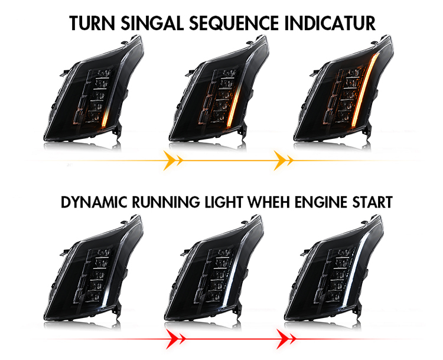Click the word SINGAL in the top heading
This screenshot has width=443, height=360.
click(x=153, y=23)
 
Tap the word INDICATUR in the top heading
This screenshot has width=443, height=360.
click(x=330, y=23)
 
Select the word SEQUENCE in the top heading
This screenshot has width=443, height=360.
click(x=234, y=23)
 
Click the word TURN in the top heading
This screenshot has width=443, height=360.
click(x=92, y=23)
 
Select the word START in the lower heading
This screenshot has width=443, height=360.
click(x=372, y=202)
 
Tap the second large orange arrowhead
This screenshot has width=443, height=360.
click(x=280, y=161)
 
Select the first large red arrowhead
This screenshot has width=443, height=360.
click(x=172, y=339)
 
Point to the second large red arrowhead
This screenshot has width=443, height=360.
click(x=284, y=339)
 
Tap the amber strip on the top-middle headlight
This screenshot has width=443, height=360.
click(x=234, y=106)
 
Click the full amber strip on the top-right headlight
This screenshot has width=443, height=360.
click(x=364, y=89)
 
